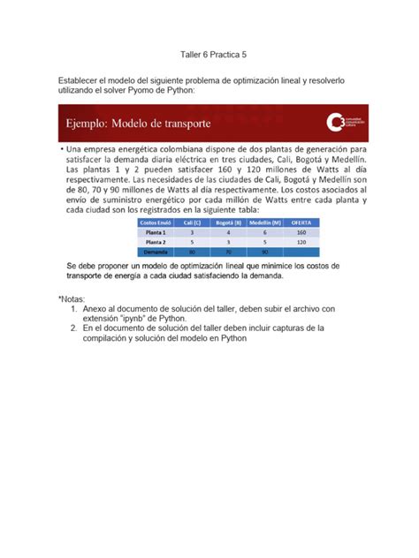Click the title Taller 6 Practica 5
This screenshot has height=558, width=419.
[x=208, y=54]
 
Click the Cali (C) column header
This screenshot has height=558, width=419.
[x=192, y=222]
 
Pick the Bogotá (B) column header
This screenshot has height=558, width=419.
[x=228, y=222]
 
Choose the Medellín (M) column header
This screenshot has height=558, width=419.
[x=264, y=222]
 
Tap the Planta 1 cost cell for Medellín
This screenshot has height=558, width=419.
[x=264, y=232]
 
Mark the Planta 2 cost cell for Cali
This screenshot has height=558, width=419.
[x=192, y=241]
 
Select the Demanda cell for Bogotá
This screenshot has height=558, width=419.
[x=228, y=251]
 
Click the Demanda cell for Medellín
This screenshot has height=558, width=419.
[x=264, y=251]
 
